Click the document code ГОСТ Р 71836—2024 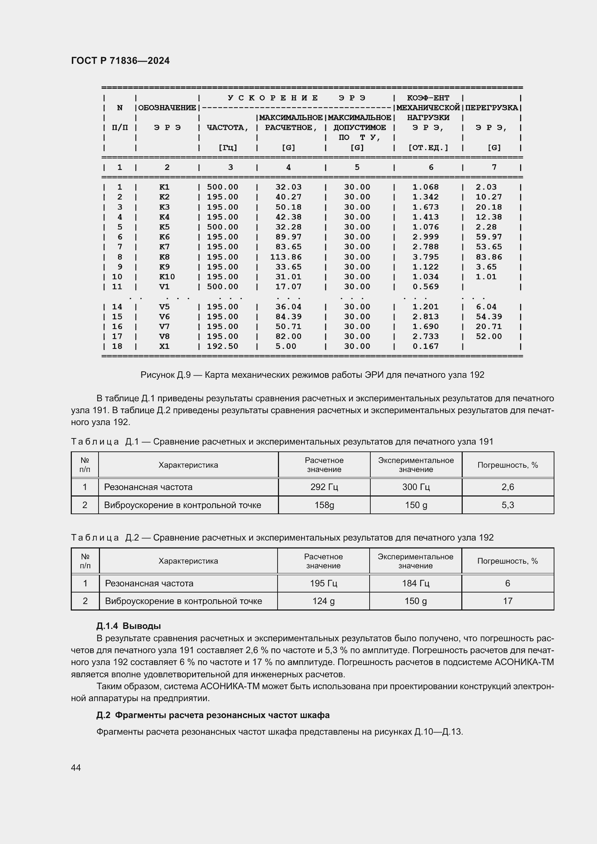[120, 61]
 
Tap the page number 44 [76, 768]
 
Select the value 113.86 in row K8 [286, 257]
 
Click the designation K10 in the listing [167, 277]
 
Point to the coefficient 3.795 [425, 257]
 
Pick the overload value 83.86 [489, 257]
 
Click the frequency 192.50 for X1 [222, 346]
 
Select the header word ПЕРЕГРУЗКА [492, 108]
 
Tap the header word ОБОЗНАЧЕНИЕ [167, 108]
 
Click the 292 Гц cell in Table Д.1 [324, 487]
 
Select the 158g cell [324, 505]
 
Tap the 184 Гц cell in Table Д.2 [415, 583]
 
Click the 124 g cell [323, 601]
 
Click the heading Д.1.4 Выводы [128, 626]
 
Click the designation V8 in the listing [164, 336]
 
